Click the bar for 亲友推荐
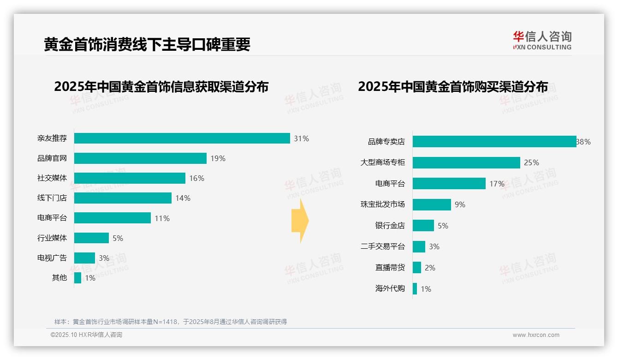(x=182, y=138)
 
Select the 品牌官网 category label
(x=52, y=158)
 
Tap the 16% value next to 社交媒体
(x=196, y=178)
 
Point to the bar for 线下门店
(x=123, y=198)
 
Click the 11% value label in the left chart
(x=162, y=218)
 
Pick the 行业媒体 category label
(x=52, y=238)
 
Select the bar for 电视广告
(x=84, y=258)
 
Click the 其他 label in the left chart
(x=59, y=278)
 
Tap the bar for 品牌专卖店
(x=494, y=142)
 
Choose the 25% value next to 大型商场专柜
(x=531, y=162)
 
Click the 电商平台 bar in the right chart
(x=449, y=184)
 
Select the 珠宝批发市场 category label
(x=382, y=204)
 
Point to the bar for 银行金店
(x=423, y=226)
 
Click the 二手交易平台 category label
(x=382, y=246)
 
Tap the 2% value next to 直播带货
(x=430, y=268)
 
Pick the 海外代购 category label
(x=390, y=289)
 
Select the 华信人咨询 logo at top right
(x=542, y=41)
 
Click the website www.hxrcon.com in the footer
(x=536, y=335)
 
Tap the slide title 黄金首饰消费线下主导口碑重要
(x=147, y=45)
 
